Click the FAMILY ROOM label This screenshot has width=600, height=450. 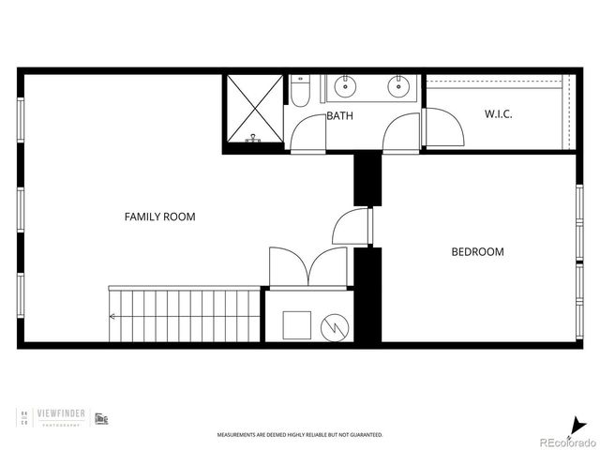point(159,217)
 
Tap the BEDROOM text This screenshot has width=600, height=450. point(477,251)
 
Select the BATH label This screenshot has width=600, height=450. point(339,116)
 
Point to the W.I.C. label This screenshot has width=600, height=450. point(498,114)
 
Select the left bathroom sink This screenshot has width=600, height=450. point(346,87)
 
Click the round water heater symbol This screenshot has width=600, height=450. point(334,327)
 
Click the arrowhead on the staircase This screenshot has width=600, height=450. point(112,316)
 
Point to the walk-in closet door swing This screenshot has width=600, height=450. point(444,127)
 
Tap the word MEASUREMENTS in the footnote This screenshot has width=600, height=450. point(234,435)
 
